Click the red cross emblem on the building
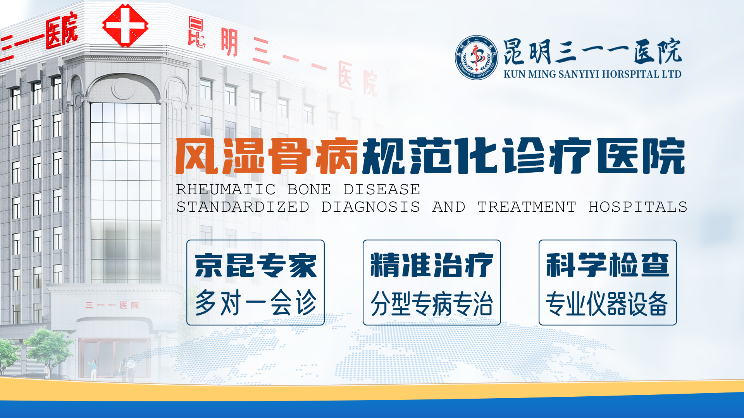pyautogui.click(x=125, y=26)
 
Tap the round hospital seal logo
pyautogui.click(x=476, y=58)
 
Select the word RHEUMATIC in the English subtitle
pyautogui.click(x=226, y=189)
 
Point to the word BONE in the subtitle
pyautogui.click(x=309, y=189)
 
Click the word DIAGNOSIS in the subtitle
pyautogui.click(x=370, y=207)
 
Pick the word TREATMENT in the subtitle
pyautogui.click(x=527, y=207)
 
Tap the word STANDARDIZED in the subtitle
pyautogui.click(x=243, y=207)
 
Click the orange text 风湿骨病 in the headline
pyautogui.click(x=267, y=156)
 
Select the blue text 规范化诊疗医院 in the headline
pyautogui.click(x=524, y=156)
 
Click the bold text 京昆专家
pyautogui.click(x=255, y=266)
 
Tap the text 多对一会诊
pyautogui.click(x=255, y=303)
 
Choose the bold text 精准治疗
pyautogui.click(x=432, y=266)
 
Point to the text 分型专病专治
pyautogui.click(x=432, y=304)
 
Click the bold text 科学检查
pyautogui.click(x=608, y=266)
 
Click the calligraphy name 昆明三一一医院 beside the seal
pyautogui.click(x=592, y=51)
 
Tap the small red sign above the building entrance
pyautogui.click(x=112, y=305)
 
